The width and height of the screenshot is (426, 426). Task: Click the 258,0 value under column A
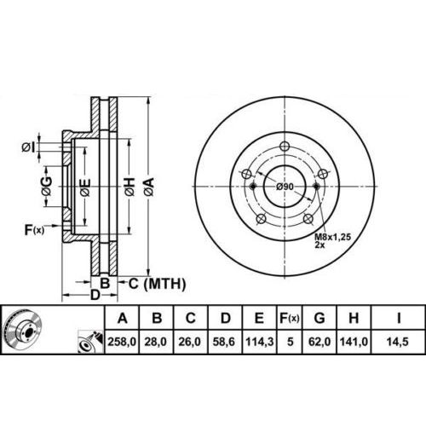pyautogui.click(x=122, y=342)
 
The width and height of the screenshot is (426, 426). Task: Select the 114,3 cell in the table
pyautogui.click(x=260, y=342)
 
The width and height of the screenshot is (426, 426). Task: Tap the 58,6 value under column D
pyautogui.click(x=224, y=342)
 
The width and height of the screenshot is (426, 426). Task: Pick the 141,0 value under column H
pyautogui.click(x=354, y=342)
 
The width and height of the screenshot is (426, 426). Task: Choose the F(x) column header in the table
pyautogui.click(x=290, y=318)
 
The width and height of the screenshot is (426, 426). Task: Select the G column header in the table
pyautogui.click(x=319, y=318)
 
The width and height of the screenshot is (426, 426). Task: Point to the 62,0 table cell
pyautogui.click(x=319, y=342)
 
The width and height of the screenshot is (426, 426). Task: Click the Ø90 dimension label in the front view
pyautogui.click(x=285, y=187)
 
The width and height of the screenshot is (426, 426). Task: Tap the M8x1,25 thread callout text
pyautogui.click(x=333, y=236)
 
